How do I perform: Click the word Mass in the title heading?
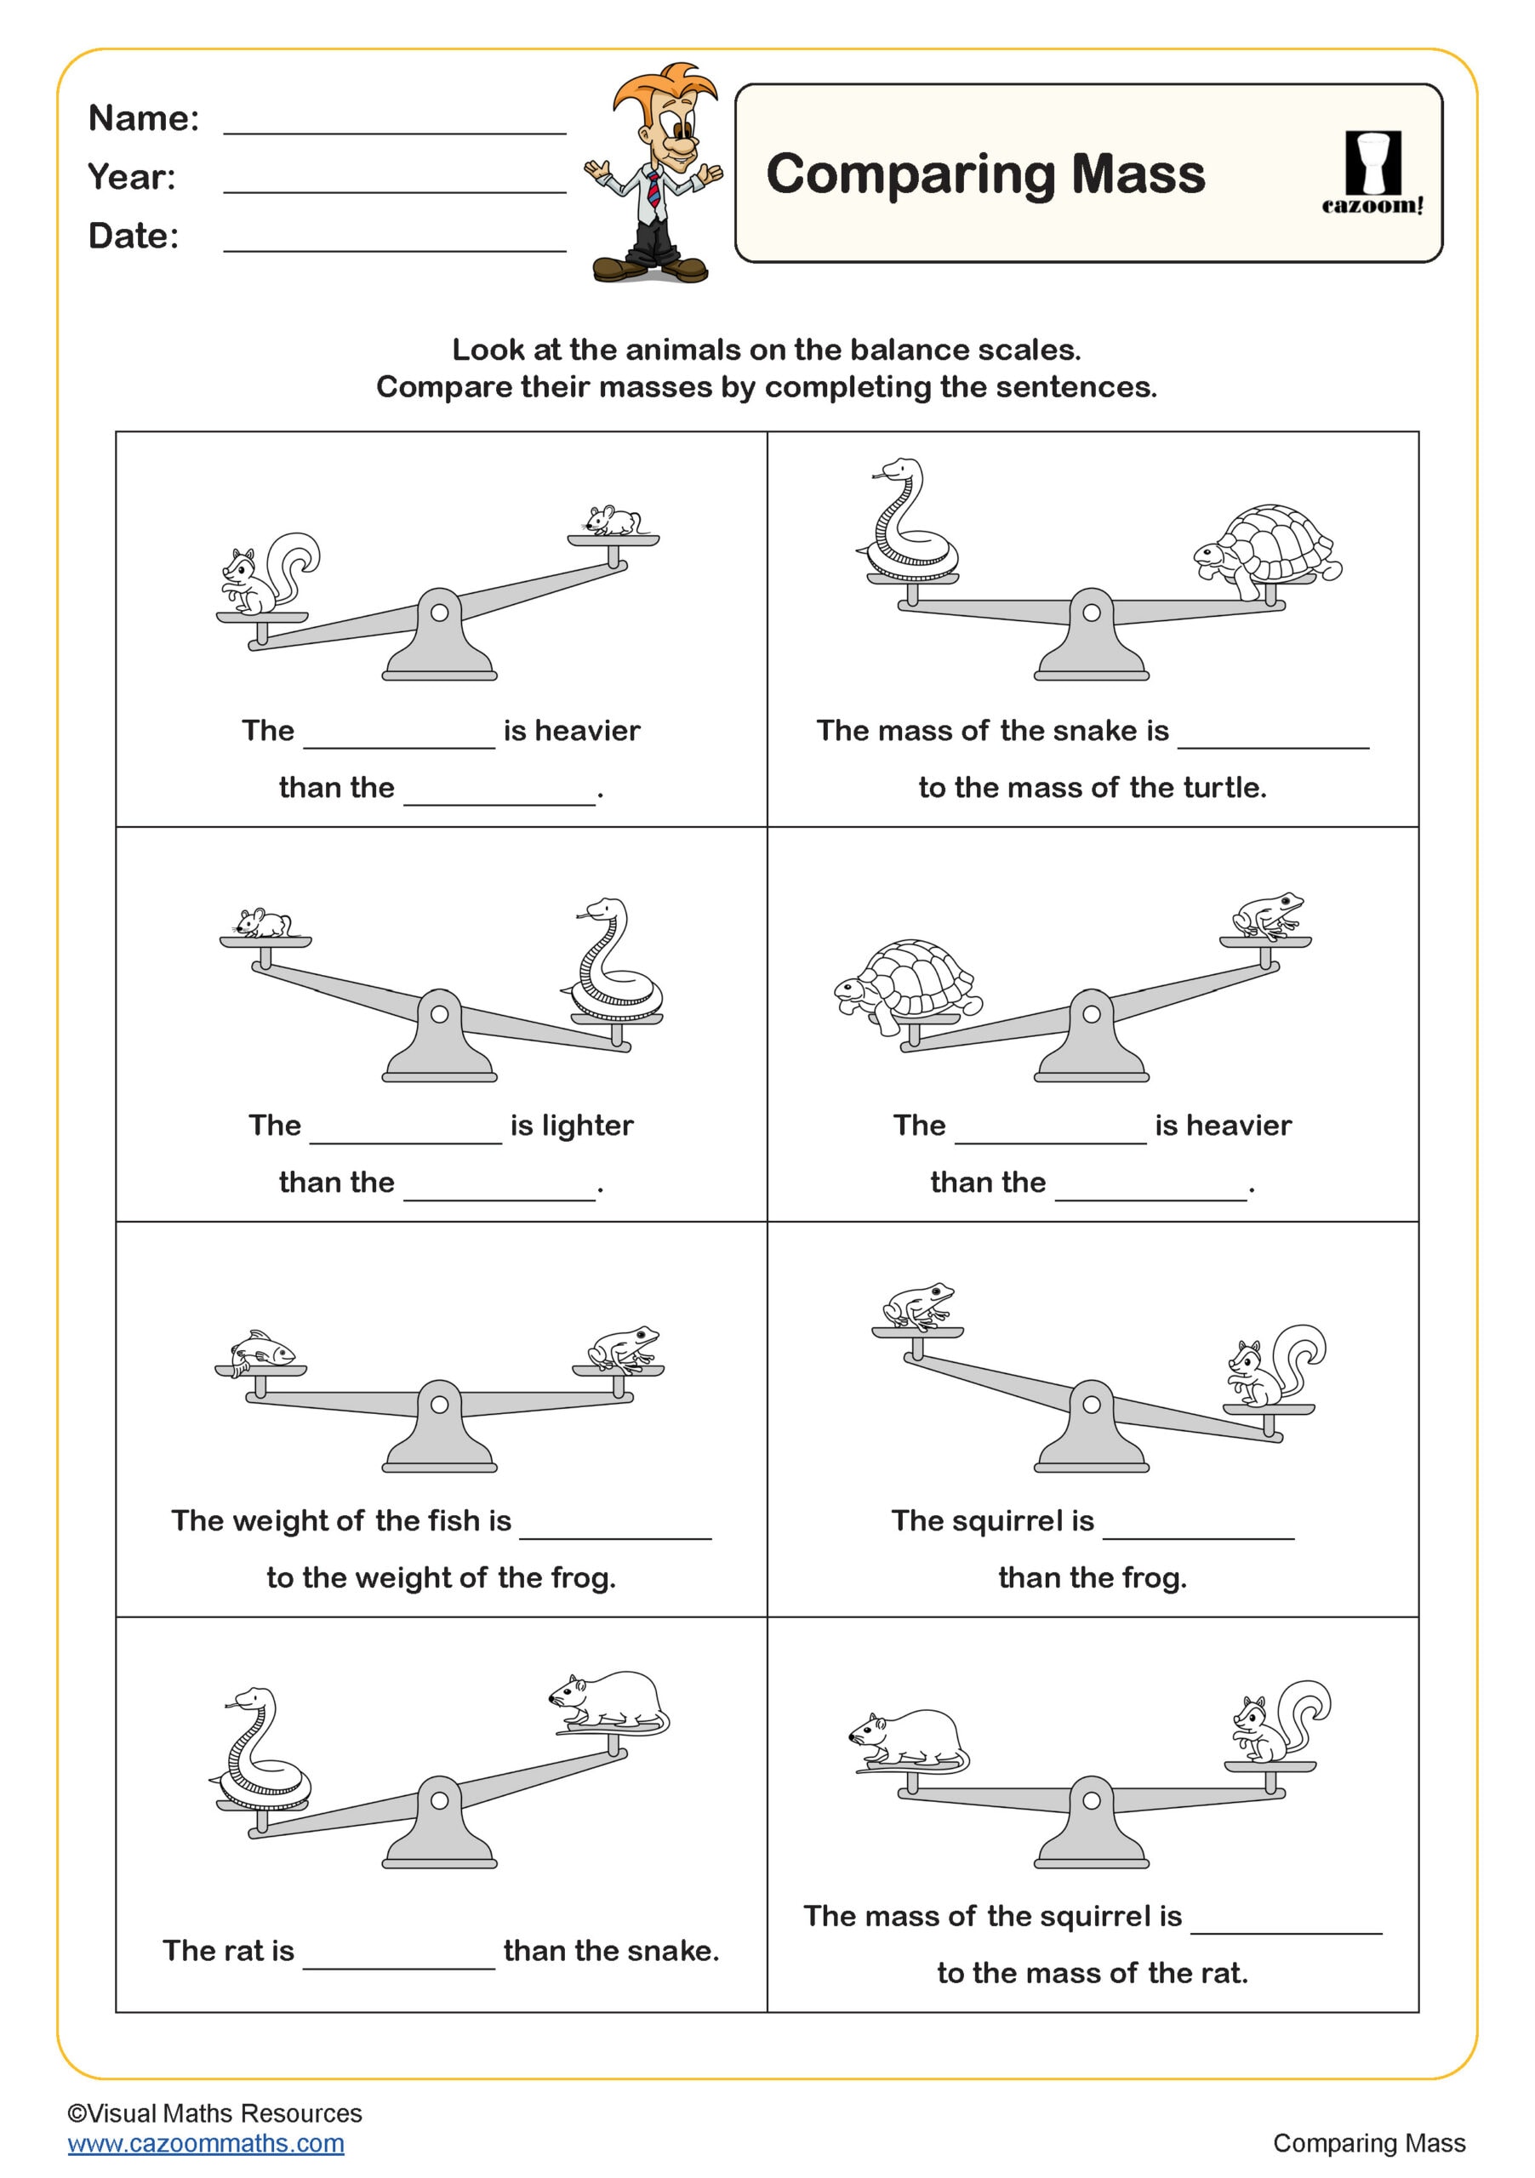pyautogui.click(x=1138, y=174)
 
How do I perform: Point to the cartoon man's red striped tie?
pyautogui.click(x=654, y=189)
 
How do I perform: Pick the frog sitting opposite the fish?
pyautogui.click(x=622, y=1347)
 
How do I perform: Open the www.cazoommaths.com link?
pyautogui.click(x=206, y=2144)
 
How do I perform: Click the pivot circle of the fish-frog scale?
pyautogui.click(x=439, y=1404)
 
